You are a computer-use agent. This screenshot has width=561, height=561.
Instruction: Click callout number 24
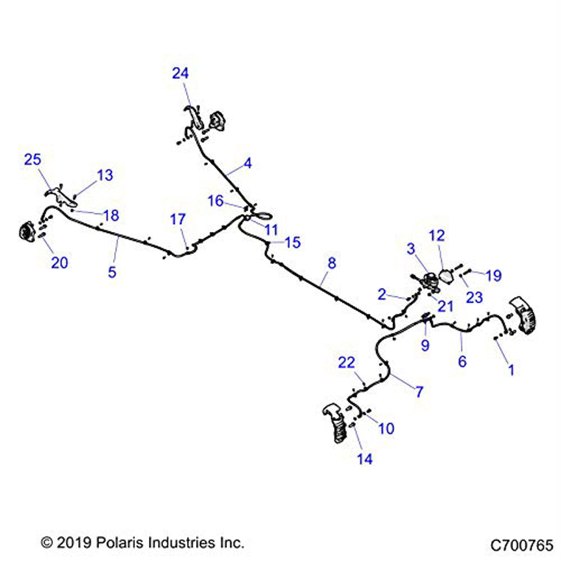(180, 73)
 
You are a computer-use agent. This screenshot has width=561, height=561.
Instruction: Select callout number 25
(33, 159)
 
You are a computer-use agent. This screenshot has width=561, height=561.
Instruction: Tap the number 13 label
(105, 175)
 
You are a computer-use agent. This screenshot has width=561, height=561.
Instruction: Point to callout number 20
(59, 263)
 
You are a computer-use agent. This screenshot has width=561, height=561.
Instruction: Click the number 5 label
(112, 272)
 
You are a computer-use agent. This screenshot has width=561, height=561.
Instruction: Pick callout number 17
(178, 219)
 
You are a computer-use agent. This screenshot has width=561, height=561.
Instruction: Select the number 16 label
(216, 201)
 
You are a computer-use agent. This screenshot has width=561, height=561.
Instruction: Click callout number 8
(332, 263)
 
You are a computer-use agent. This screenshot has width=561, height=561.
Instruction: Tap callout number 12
(437, 236)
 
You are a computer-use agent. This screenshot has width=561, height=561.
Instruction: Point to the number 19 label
(494, 275)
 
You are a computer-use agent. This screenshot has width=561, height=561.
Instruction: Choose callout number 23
(475, 297)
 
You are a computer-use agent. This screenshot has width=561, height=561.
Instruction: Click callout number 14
(365, 459)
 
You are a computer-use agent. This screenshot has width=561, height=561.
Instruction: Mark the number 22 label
(346, 363)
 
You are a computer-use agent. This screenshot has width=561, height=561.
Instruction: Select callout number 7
(419, 392)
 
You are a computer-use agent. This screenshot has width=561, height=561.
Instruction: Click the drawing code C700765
(522, 546)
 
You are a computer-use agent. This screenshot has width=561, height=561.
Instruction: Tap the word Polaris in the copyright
(121, 542)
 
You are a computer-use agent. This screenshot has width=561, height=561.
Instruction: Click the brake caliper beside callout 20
(27, 232)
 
